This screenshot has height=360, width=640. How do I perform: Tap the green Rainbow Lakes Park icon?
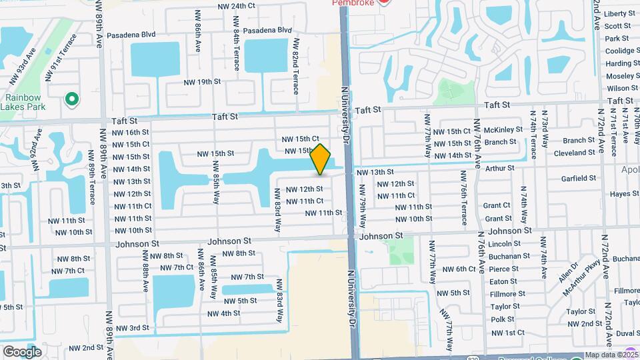point(71,99)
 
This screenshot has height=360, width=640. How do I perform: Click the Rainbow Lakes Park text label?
point(24,99)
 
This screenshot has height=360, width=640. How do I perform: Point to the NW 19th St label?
point(202,81)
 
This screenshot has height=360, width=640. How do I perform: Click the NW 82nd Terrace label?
point(294,65)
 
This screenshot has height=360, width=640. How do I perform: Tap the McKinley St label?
point(503,130)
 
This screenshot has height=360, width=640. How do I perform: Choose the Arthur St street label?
point(500,169)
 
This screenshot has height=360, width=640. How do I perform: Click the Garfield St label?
point(578,179)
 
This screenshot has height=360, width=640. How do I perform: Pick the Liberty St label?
point(620,13)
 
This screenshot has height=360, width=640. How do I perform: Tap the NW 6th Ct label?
point(457,269)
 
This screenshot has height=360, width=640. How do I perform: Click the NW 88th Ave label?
point(145,270)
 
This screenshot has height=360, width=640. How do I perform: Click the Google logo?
point(22,351)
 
